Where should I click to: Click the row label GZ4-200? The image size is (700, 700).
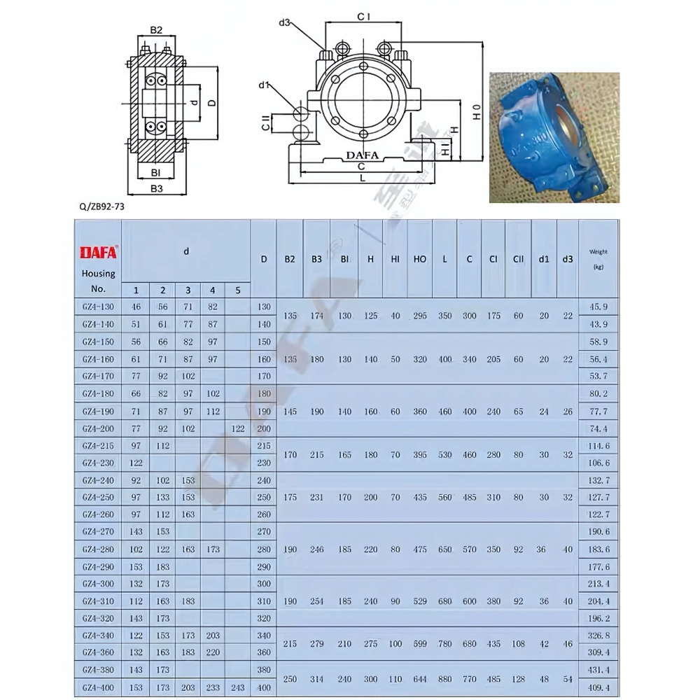click(x=98, y=428)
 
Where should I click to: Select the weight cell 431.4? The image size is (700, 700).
click(x=597, y=670)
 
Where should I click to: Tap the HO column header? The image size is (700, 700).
click(x=420, y=259)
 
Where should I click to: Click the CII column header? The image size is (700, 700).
click(x=518, y=259)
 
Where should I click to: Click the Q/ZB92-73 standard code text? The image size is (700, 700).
click(x=102, y=206)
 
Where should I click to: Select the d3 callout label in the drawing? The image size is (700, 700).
click(x=284, y=22)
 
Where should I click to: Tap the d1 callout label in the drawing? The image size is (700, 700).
click(x=264, y=85)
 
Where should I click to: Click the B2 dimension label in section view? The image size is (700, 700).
click(x=156, y=30)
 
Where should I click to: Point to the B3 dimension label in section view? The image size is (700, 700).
click(x=156, y=188)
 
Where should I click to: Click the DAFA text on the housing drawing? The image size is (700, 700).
click(x=363, y=155)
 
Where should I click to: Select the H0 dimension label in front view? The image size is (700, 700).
click(x=476, y=112)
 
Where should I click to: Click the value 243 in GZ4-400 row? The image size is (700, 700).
click(x=237, y=687)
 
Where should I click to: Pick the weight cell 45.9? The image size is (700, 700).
click(x=597, y=307)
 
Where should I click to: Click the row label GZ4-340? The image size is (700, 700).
click(x=98, y=636)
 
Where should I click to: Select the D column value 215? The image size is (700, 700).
click(x=263, y=446)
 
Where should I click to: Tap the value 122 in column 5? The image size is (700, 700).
click(x=237, y=428)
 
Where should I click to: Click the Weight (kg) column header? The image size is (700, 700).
click(x=598, y=259)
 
